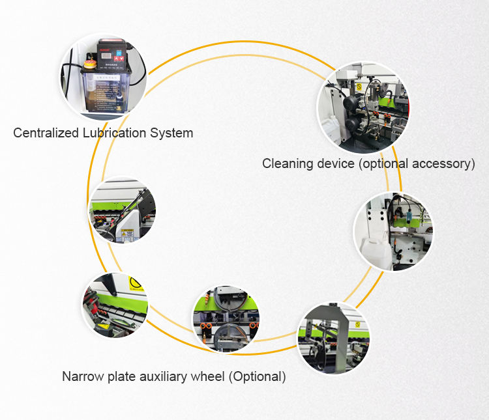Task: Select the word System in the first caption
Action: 171,133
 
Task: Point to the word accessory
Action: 443,163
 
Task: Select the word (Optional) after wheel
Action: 255,376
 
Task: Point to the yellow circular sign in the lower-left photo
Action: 135,283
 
